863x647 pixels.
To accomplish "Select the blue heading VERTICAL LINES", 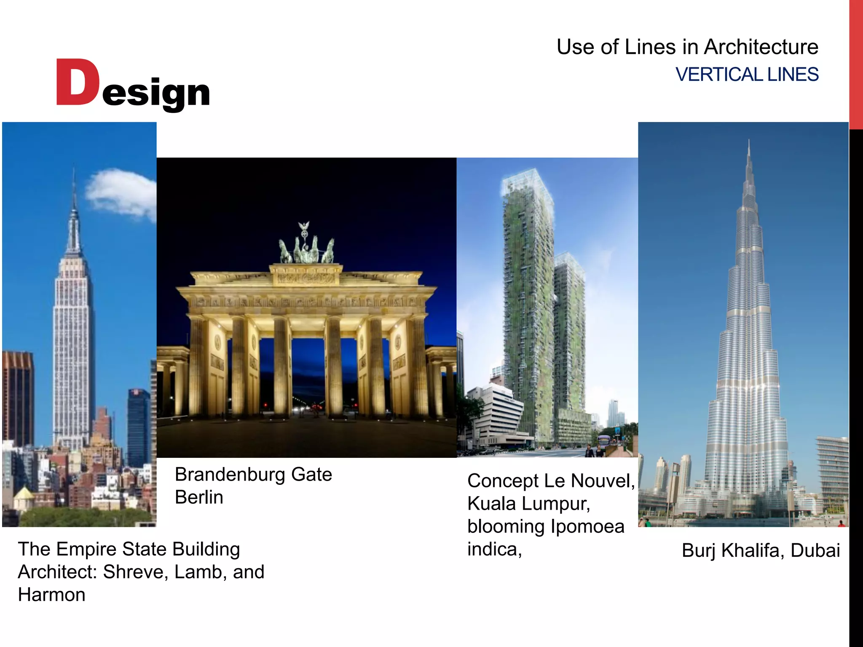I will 747,75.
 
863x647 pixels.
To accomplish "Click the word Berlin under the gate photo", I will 199,497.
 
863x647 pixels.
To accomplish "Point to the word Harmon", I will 51,595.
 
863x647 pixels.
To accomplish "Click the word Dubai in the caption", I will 815,551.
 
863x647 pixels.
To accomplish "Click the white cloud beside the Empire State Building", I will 120,194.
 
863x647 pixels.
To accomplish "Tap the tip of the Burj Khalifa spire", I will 749,141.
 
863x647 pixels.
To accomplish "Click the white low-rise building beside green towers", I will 493,413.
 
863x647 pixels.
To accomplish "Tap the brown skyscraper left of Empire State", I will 18,396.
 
